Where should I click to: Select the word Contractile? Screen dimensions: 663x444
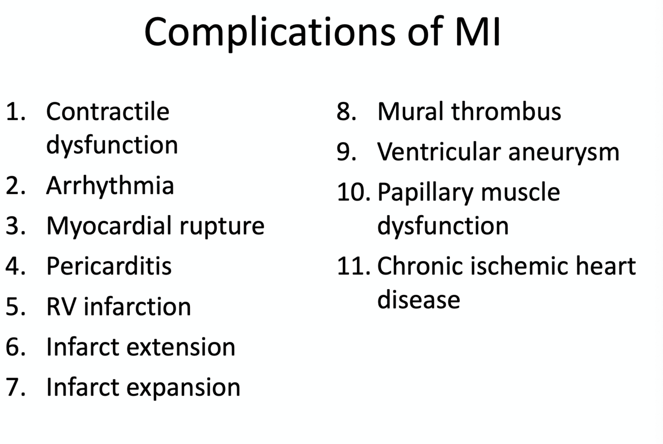(x=107, y=111)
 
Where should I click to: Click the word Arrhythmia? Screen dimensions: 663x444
(x=110, y=185)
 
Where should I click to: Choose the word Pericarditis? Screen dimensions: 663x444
(x=109, y=266)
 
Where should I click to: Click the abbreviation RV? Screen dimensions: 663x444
(x=61, y=306)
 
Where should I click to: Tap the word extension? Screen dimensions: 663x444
(x=181, y=346)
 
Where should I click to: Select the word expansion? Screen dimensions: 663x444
(x=183, y=387)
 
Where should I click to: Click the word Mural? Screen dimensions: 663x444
(x=411, y=111)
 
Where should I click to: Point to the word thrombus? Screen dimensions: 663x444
(x=506, y=111)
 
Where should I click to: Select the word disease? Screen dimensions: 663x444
(x=418, y=299)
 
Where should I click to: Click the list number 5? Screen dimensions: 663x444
(x=14, y=306)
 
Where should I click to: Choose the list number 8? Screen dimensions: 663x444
(x=346, y=111)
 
